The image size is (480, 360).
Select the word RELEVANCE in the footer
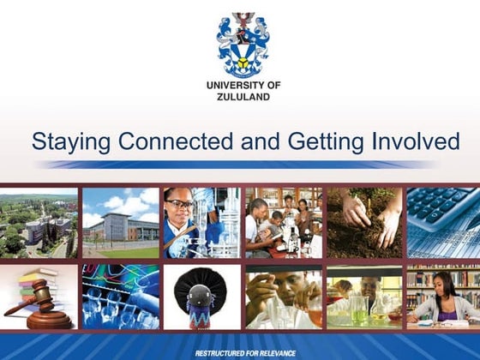point(270,353)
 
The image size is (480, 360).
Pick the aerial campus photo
point(39,223)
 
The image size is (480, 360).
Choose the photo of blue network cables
point(121,297)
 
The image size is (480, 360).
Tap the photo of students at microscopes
point(281,223)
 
